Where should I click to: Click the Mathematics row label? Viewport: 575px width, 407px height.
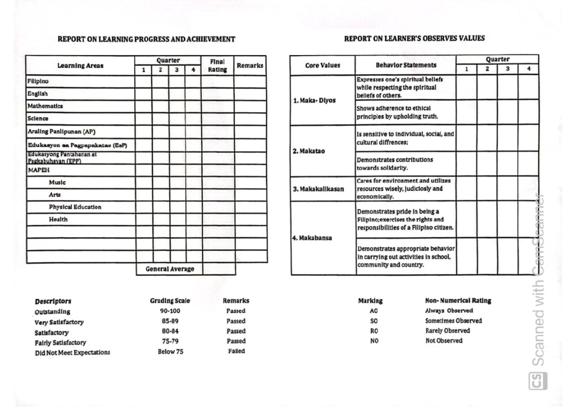click(x=45, y=106)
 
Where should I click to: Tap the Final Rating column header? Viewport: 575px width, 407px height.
click(x=218, y=65)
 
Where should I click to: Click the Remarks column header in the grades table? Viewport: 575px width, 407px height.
click(x=250, y=66)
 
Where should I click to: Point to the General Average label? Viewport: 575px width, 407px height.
click(x=170, y=269)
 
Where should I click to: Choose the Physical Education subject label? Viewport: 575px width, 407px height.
click(x=75, y=207)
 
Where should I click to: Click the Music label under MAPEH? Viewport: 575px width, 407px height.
click(x=57, y=183)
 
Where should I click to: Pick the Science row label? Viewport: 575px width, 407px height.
click(x=37, y=118)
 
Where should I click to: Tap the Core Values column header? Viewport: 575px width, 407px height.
click(x=322, y=65)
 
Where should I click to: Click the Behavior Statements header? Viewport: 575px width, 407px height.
click(x=405, y=65)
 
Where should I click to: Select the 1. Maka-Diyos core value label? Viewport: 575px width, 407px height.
click(x=314, y=101)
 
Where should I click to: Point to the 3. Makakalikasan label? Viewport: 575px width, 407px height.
click(x=319, y=189)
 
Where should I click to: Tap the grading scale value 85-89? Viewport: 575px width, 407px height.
click(x=170, y=321)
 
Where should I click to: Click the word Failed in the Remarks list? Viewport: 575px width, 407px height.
click(x=236, y=351)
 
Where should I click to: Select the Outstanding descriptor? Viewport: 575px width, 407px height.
click(x=53, y=312)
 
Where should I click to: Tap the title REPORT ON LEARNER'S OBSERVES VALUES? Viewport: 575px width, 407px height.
click(x=414, y=39)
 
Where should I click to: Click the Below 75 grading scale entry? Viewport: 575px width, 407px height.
click(x=170, y=351)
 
